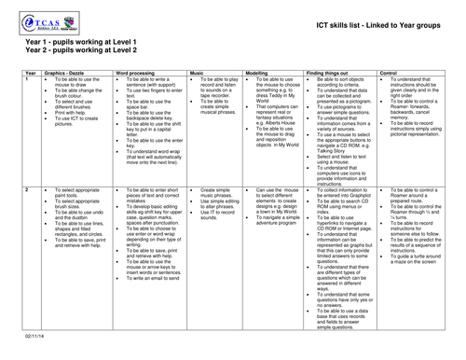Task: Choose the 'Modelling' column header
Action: (258, 72)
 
